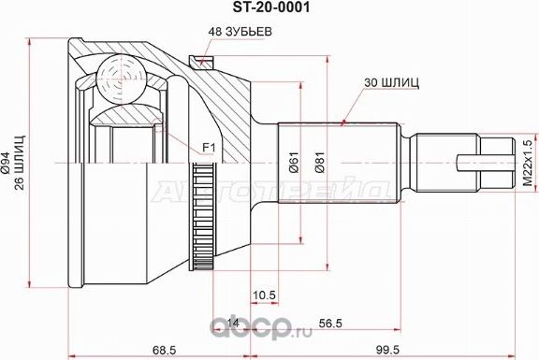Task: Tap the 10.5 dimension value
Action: tap(264, 295)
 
